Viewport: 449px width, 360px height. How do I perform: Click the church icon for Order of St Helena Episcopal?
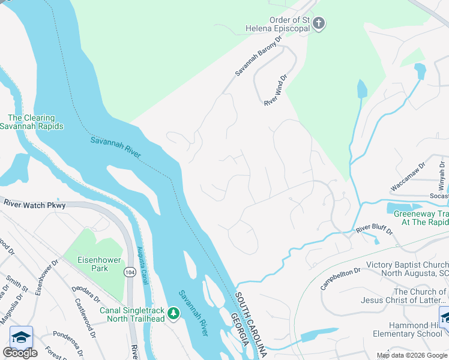pyautogui.click(x=319, y=23)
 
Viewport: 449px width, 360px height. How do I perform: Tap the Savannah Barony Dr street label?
pyautogui.click(x=258, y=55)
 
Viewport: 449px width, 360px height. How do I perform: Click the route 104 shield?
pyautogui.click(x=130, y=272)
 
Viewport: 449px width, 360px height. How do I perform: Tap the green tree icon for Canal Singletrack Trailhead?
pyautogui.click(x=173, y=313)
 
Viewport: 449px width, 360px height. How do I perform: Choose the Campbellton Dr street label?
pyautogui.click(x=340, y=278)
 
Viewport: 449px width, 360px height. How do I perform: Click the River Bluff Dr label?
pyautogui.click(x=373, y=230)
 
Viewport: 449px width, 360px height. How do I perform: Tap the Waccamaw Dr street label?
pyautogui.click(x=408, y=176)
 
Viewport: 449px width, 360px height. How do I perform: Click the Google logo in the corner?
pyautogui.click(x=20, y=353)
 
